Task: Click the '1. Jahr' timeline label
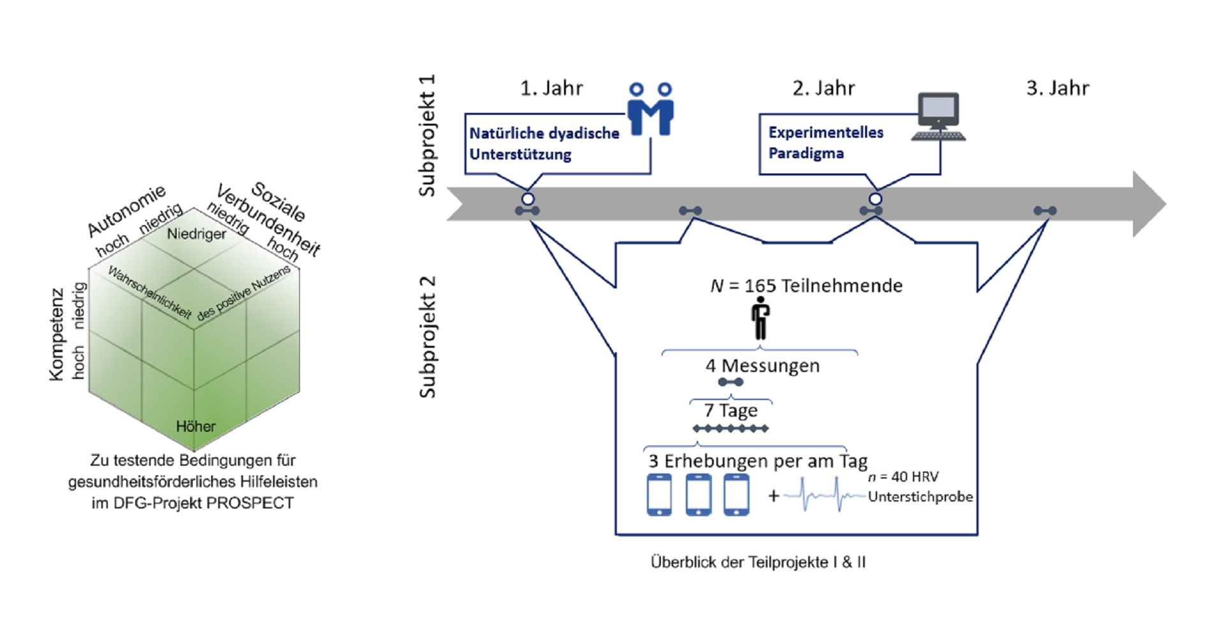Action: tap(551, 88)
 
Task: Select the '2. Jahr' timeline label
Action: tap(823, 88)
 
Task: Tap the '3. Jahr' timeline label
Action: tap(1057, 88)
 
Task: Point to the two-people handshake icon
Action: tap(650, 109)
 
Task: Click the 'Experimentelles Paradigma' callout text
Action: tap(826, 143)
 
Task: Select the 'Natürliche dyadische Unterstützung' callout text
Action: tap(544, 144)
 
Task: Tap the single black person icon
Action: tap(760, 319)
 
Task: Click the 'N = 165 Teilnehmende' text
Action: tap(806, 286)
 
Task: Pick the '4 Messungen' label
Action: tap(762, 366)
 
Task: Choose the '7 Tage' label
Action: tap(730, 411)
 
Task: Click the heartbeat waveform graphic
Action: tap(824, 494)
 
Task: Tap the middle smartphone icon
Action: tap(698, 494)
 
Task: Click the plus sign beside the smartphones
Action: tap(773, 495)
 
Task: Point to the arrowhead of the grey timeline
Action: tap(1148, 204)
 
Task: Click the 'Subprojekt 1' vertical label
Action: tap(427, 135)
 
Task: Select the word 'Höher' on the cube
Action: tap(196, 426)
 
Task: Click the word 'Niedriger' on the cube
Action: tap(196, 234)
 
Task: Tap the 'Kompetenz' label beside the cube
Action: tap(57, 334)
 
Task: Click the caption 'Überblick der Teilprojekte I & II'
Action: tap(758, 562)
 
